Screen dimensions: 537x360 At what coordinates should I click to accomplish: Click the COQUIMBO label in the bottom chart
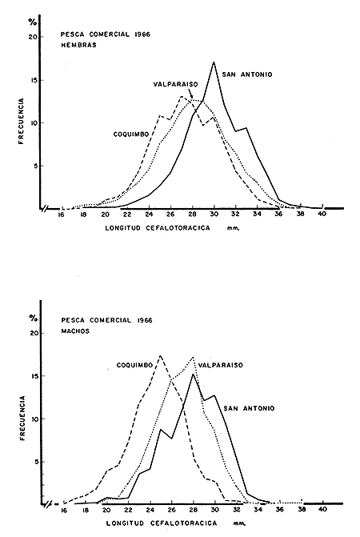pos(131,366)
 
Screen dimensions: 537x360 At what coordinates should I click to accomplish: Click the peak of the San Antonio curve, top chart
pos(214,62)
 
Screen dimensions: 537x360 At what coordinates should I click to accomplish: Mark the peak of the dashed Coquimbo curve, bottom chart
pos(160,355)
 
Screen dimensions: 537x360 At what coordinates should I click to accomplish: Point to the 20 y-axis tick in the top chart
pos(34,37)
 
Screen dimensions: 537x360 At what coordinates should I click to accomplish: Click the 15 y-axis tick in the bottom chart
pos(34,375)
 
